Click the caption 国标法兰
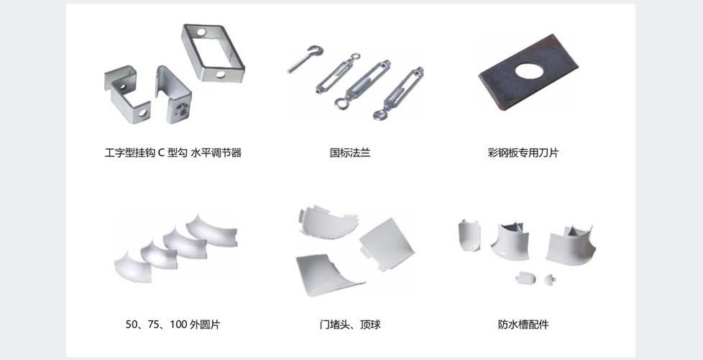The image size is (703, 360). point(350,153)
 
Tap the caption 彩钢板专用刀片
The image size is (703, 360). point(523,153)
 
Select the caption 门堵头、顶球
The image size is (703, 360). point(350,325)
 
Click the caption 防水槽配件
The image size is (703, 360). point(523,325)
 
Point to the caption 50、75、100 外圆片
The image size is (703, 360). point(173,325)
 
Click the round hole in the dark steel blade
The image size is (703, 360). point(529,71)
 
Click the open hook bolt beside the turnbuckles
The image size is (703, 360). point(305,59)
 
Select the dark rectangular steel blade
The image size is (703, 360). point(528,72)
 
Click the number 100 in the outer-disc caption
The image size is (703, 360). point(178,325)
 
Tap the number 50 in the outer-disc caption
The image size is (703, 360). point(131,325)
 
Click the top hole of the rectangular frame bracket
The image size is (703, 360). point(201,32)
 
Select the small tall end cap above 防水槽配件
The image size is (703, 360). point(469,235)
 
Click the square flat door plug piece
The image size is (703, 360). point(387,244)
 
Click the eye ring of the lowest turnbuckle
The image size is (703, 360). point(380,115)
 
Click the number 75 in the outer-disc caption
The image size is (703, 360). point(153,325)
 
